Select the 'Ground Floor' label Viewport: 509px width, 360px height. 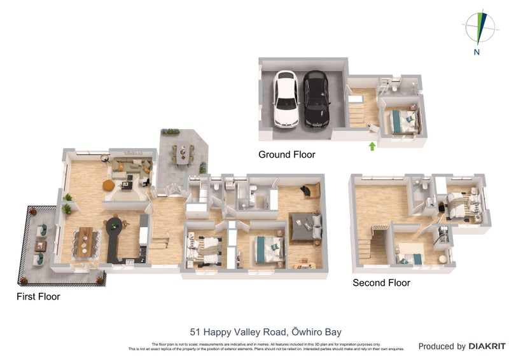286,155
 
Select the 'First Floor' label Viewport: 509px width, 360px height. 39,296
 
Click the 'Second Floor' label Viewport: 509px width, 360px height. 381,282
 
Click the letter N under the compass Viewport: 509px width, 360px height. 477,53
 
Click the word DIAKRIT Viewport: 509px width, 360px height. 487,347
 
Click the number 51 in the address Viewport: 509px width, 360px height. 197,331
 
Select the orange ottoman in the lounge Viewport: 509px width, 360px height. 108,185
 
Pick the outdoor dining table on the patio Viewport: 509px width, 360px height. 183,153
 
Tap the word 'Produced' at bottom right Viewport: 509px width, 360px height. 441,347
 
